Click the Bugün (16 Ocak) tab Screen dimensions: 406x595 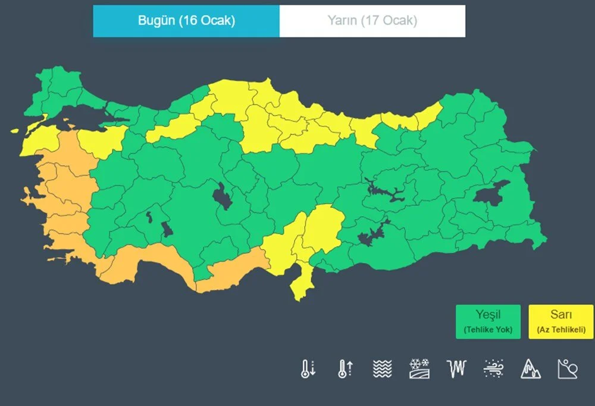(186, 21)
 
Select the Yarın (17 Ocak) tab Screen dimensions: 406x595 (372, 21)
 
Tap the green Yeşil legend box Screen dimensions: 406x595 (488, 321)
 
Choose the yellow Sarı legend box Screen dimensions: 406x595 (560, 321)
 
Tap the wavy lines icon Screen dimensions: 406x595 (383, 369)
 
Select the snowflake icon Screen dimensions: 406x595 (419, 369)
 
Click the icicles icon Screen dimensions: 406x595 (456, 369)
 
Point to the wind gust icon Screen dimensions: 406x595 (494, 369)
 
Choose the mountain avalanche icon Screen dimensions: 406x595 (531, 369)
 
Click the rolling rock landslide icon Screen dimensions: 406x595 (568, 369)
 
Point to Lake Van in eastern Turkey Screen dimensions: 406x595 (491, 192)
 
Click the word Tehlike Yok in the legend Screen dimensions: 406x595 (488, 329)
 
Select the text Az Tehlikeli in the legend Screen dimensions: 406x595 (560, 329)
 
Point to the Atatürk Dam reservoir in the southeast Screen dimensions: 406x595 (372, 233)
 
